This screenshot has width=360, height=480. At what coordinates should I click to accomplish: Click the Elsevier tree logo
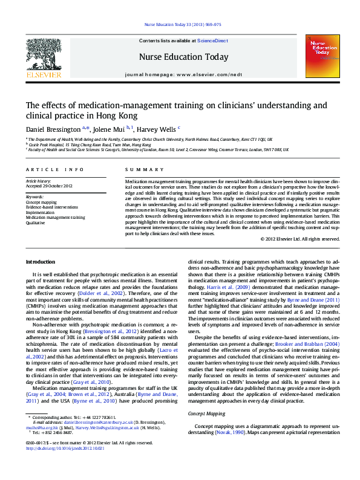[x=43, y=56]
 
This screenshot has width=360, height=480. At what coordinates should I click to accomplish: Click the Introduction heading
[x=40, y=261]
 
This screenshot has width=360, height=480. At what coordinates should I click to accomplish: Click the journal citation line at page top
[x=182, y=25]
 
